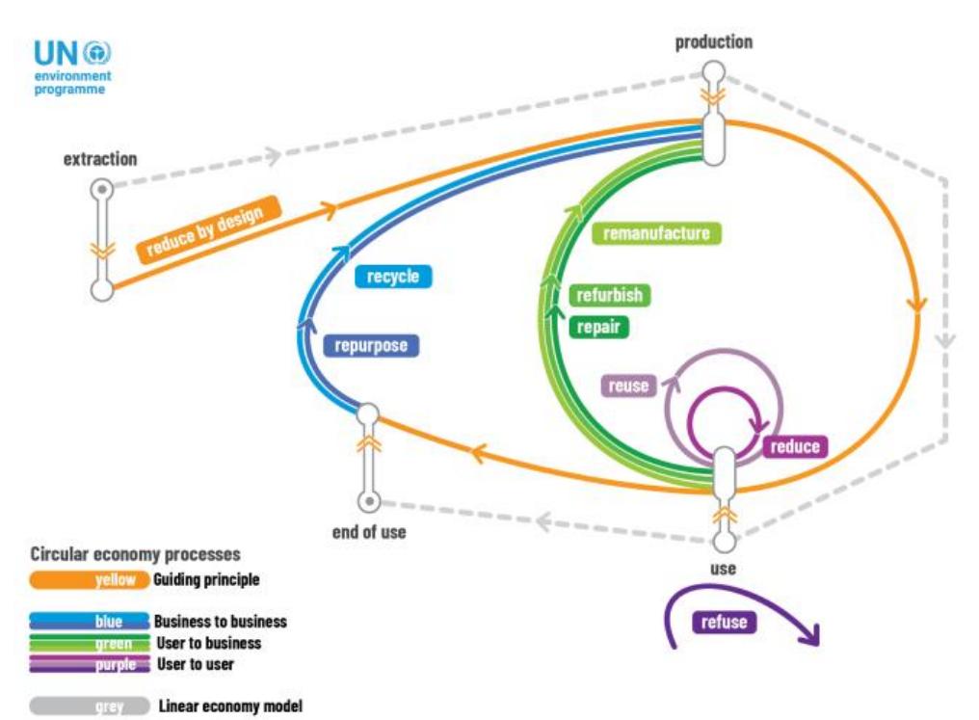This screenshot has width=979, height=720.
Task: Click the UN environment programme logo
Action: pos(73,67)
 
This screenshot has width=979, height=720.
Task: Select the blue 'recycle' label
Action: pos(393,277)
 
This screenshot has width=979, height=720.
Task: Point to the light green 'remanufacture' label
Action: pos(656,233)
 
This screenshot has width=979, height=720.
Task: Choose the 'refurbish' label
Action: pos(610,295)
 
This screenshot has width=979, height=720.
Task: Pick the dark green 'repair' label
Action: pos(597,327)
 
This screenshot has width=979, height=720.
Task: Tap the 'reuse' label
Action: pos(627,386)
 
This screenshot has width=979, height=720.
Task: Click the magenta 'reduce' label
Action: pos(795,446)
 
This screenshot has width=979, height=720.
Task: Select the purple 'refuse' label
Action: pos(724,623)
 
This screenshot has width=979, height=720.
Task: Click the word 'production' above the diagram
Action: pos(713,42)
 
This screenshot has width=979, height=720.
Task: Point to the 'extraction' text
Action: pos(100,159)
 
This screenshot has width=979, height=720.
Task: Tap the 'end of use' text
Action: pos(368,531)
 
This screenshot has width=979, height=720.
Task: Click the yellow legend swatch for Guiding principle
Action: pos(90,580)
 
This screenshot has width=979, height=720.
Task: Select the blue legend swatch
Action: pos(90,622)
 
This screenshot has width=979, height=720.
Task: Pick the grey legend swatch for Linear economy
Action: pos(90,707)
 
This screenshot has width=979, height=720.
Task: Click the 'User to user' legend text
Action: pos(195,664)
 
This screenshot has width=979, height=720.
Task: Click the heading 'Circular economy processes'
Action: pos(135,555)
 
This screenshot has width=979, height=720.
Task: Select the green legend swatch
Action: pos(90,643)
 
